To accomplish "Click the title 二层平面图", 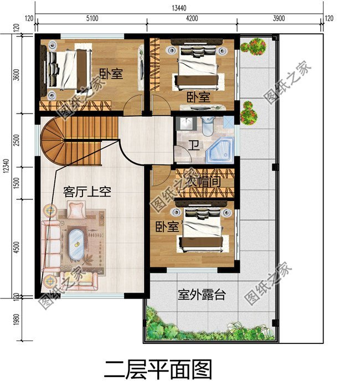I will (x=158, y=368).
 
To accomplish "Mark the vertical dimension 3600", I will (x=17, y=74).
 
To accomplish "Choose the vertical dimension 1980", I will (x=17, y=320).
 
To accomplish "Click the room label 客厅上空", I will (x=88, y=192).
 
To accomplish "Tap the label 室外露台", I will (x=202, y=295).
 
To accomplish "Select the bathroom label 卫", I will (x=193, y=146).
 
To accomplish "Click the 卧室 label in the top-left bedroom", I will (x=111, y=74).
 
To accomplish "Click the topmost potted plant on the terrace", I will (x=255, y=47).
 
